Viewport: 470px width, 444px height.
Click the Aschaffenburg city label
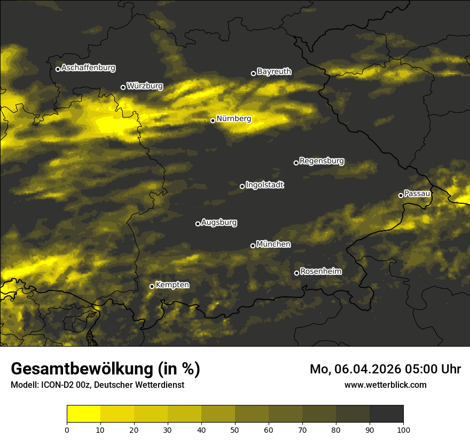pos(88,68)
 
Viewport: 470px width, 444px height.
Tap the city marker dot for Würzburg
pos(123,87)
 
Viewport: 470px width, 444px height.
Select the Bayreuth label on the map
pos(274,72)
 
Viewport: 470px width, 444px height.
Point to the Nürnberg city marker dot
pos(213,120)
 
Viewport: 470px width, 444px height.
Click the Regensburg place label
pos(322,161)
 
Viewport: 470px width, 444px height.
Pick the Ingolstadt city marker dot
pos(242,186)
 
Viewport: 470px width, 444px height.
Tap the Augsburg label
pos(219,223)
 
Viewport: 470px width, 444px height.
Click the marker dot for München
pos(253,246)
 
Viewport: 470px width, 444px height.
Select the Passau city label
pos(417,194)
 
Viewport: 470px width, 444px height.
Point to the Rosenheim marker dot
pos(296,273)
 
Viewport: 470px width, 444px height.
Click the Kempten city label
pos(172,285)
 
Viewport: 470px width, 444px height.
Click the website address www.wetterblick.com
pos(385,385)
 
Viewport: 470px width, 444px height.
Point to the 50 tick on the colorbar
pos(235,429)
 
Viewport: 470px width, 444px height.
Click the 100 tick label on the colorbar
pos(403,429)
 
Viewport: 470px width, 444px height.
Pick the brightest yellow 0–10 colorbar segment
pos(83,414)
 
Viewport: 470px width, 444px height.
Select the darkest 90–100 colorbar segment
pos(386,414)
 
